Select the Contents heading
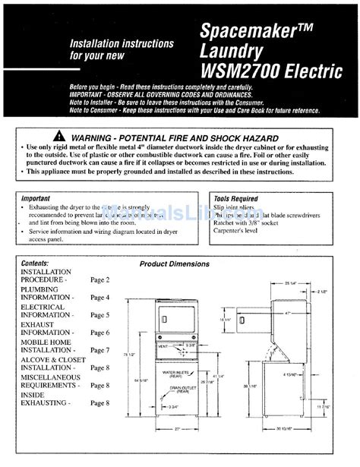coord(35,263)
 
